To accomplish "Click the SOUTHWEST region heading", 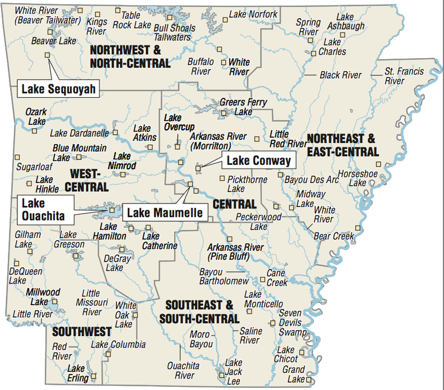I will pyautogui.click(x=82, y=332).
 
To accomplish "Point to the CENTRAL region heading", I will pyautogui.click(x=234, y=204).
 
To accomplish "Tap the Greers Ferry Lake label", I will pyautogui.click(x=243, y=107).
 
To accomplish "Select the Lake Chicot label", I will pyautogui.click(x=286, y=354).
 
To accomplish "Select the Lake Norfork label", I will pyautogui.click(x=253, y=14).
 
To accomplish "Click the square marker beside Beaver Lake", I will pyautogui.click(x=47, y=54).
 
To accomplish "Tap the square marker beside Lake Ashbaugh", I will pyautogui.click(x=343, y=34).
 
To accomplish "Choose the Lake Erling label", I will pyautogui.click(x=77, y=373).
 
